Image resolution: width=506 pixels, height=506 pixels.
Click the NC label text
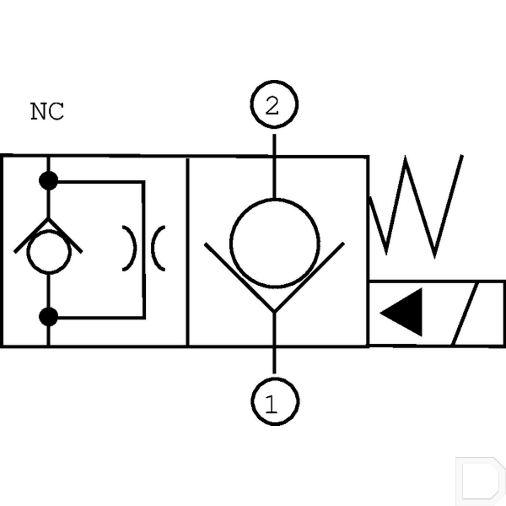pyautogui.click(x=47, y=111)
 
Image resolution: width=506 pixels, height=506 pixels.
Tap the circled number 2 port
pyautogui.click(x=275, y=104)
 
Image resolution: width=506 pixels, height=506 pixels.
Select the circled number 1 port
pyautogui.click(x=275, y=401)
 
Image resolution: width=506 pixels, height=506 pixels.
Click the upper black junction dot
pyautogui.click(x=49, y=180)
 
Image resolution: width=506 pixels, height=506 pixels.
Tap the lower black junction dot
pyautogui.click(x=49, y=317)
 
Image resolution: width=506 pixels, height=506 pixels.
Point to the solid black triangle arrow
pyautogui.click(x=401, y=312)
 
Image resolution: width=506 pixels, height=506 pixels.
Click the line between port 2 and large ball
pyautogui.click(x=274, y=166)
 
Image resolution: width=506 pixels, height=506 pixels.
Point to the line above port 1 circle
pyautogui.click(x=275, y=360)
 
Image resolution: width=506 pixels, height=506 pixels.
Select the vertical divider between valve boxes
pyautogui.click(x=188, y=251)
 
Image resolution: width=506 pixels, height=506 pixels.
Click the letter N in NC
pyautogui.click(x=38, y=111)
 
